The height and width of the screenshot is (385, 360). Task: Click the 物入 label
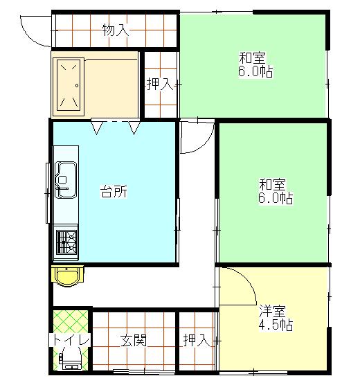[x=115, y=30]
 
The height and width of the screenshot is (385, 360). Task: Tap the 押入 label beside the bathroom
[x=159, y=84]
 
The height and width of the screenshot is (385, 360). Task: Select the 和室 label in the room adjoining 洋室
[x=272, y=185]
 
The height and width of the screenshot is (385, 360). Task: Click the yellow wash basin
[x=66, y=276]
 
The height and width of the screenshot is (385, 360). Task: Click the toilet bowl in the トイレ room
[x=70, y=359]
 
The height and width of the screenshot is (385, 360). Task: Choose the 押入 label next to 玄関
[x=196, y=340]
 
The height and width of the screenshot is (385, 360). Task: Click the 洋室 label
[x=273, y=311]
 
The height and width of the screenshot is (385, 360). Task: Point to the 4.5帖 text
[x=275, y=325]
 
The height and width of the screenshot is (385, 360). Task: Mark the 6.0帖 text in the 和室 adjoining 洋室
[x=276, y=199]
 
